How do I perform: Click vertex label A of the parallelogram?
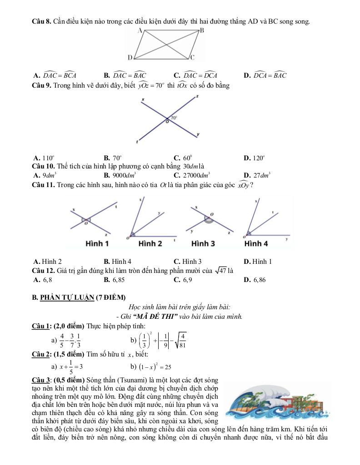pyautogui.click(x=140, y=30)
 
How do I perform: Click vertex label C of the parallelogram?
pyautogui.click(x=192, y=58)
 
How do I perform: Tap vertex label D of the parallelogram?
pyautogui.click(x=130, y=58)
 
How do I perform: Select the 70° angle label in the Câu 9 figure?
pyautogui.click(x=174, y=117)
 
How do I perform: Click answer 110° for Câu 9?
pyautogui.click(x=47, y=158)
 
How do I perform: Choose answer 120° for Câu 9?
pyautogui.click(x=257, y=158)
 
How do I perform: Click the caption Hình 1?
pyautogui.click(x=97, y=244)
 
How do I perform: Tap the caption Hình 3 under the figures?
pyautogui.click(x=203, y=244)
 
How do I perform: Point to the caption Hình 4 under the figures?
pyautogui.click(x=256, y=244)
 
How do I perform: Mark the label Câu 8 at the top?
pyautogui.click(x=41, y=21)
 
